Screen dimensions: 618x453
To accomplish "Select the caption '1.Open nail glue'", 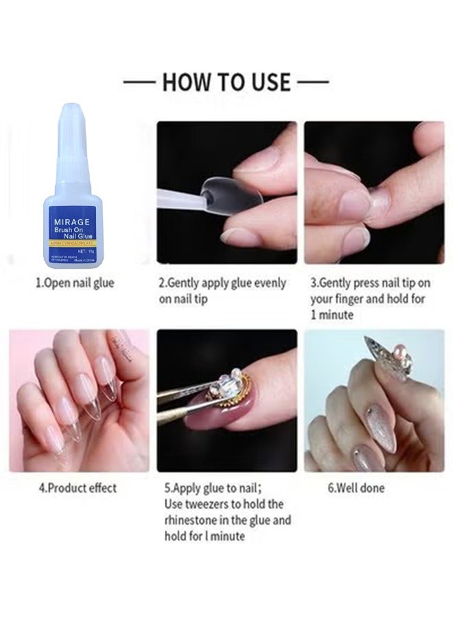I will tap(75, 283).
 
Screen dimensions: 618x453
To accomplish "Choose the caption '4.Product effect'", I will tap(77, 488).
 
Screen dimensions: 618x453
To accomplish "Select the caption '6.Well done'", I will tap(356, 488).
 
